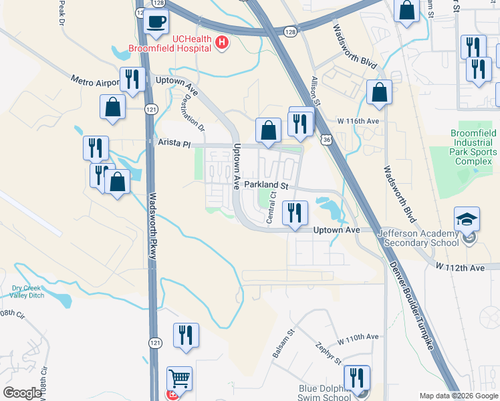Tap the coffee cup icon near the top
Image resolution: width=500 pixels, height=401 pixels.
pyautogui.click(x=157, y=21)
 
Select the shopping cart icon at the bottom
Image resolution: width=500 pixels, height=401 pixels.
pyautogui.click(x=179, y=378)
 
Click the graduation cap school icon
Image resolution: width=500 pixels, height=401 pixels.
pyautogui.click(x=466, y=219)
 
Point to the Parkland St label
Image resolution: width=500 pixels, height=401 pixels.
pyautogui.click(x=265, y=184)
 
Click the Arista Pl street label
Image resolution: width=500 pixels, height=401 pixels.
pyautogui.click(x=174, y=143)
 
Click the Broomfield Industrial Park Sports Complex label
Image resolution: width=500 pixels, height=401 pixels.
pyautogui.click(x=464, y=148)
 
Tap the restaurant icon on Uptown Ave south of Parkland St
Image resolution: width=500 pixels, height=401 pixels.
pyautogui.click(x=294, y=213)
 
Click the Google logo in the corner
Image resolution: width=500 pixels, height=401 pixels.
pyautogui.click(x=22, y=393)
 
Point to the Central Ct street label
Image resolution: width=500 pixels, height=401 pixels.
pyautogui.click(x=271, y=208)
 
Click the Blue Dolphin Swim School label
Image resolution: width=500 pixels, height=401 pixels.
pyautogui.click(x=326, y=392)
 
